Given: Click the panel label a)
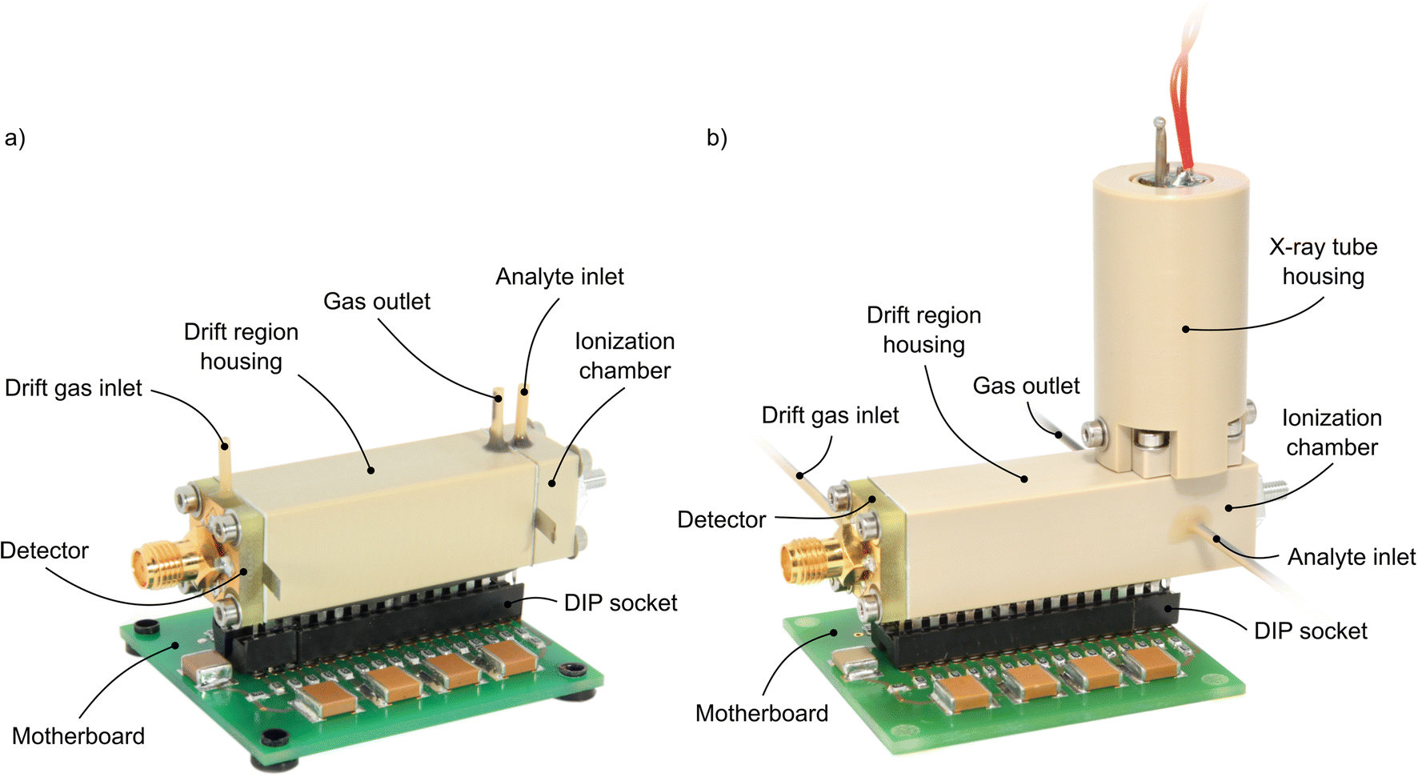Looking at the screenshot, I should coord(14,138).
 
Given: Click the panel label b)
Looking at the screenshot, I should coord(716,138).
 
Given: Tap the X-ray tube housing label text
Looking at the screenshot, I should coord(1323,262).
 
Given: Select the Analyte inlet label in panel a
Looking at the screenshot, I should coord(559,277).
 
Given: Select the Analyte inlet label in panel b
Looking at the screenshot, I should coord(1351,557).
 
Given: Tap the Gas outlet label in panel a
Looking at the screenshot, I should coord(376,302).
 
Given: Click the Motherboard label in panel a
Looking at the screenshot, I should coord(78,736).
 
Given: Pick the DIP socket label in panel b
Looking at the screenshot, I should coord(1310,631).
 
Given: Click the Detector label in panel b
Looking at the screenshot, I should coord(721,520).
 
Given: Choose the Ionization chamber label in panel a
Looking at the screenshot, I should coord(624,356).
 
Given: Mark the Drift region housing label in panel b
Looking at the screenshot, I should coord(923,330).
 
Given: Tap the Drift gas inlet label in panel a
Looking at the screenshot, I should coord(73,388).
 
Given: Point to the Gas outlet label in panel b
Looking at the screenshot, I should coord(1026,386).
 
